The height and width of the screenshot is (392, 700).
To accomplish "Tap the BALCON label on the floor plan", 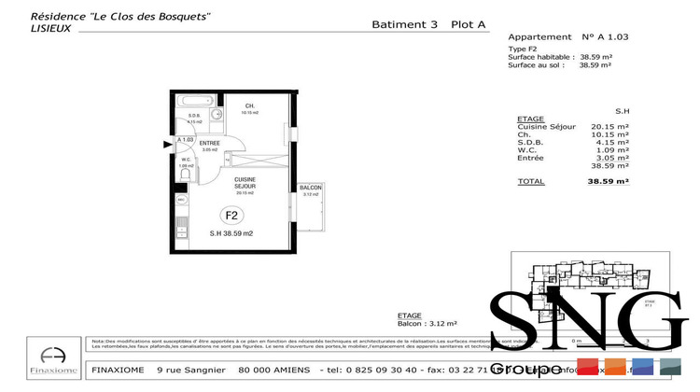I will pos(312,188).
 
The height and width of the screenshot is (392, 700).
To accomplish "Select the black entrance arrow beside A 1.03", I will pos(167,143).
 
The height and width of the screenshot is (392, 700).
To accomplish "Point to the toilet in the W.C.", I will pos(185,174).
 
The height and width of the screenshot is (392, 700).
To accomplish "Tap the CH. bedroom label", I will pos(250,106).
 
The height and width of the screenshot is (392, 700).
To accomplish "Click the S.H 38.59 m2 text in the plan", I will pos(232,233).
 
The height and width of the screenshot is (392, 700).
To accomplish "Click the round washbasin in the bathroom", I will pos(216,115).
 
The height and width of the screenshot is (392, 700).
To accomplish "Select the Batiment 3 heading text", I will pos(404,25).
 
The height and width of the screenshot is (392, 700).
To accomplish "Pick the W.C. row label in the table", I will pos(528,150).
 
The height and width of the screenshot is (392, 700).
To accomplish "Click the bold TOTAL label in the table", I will pos(531,181).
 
